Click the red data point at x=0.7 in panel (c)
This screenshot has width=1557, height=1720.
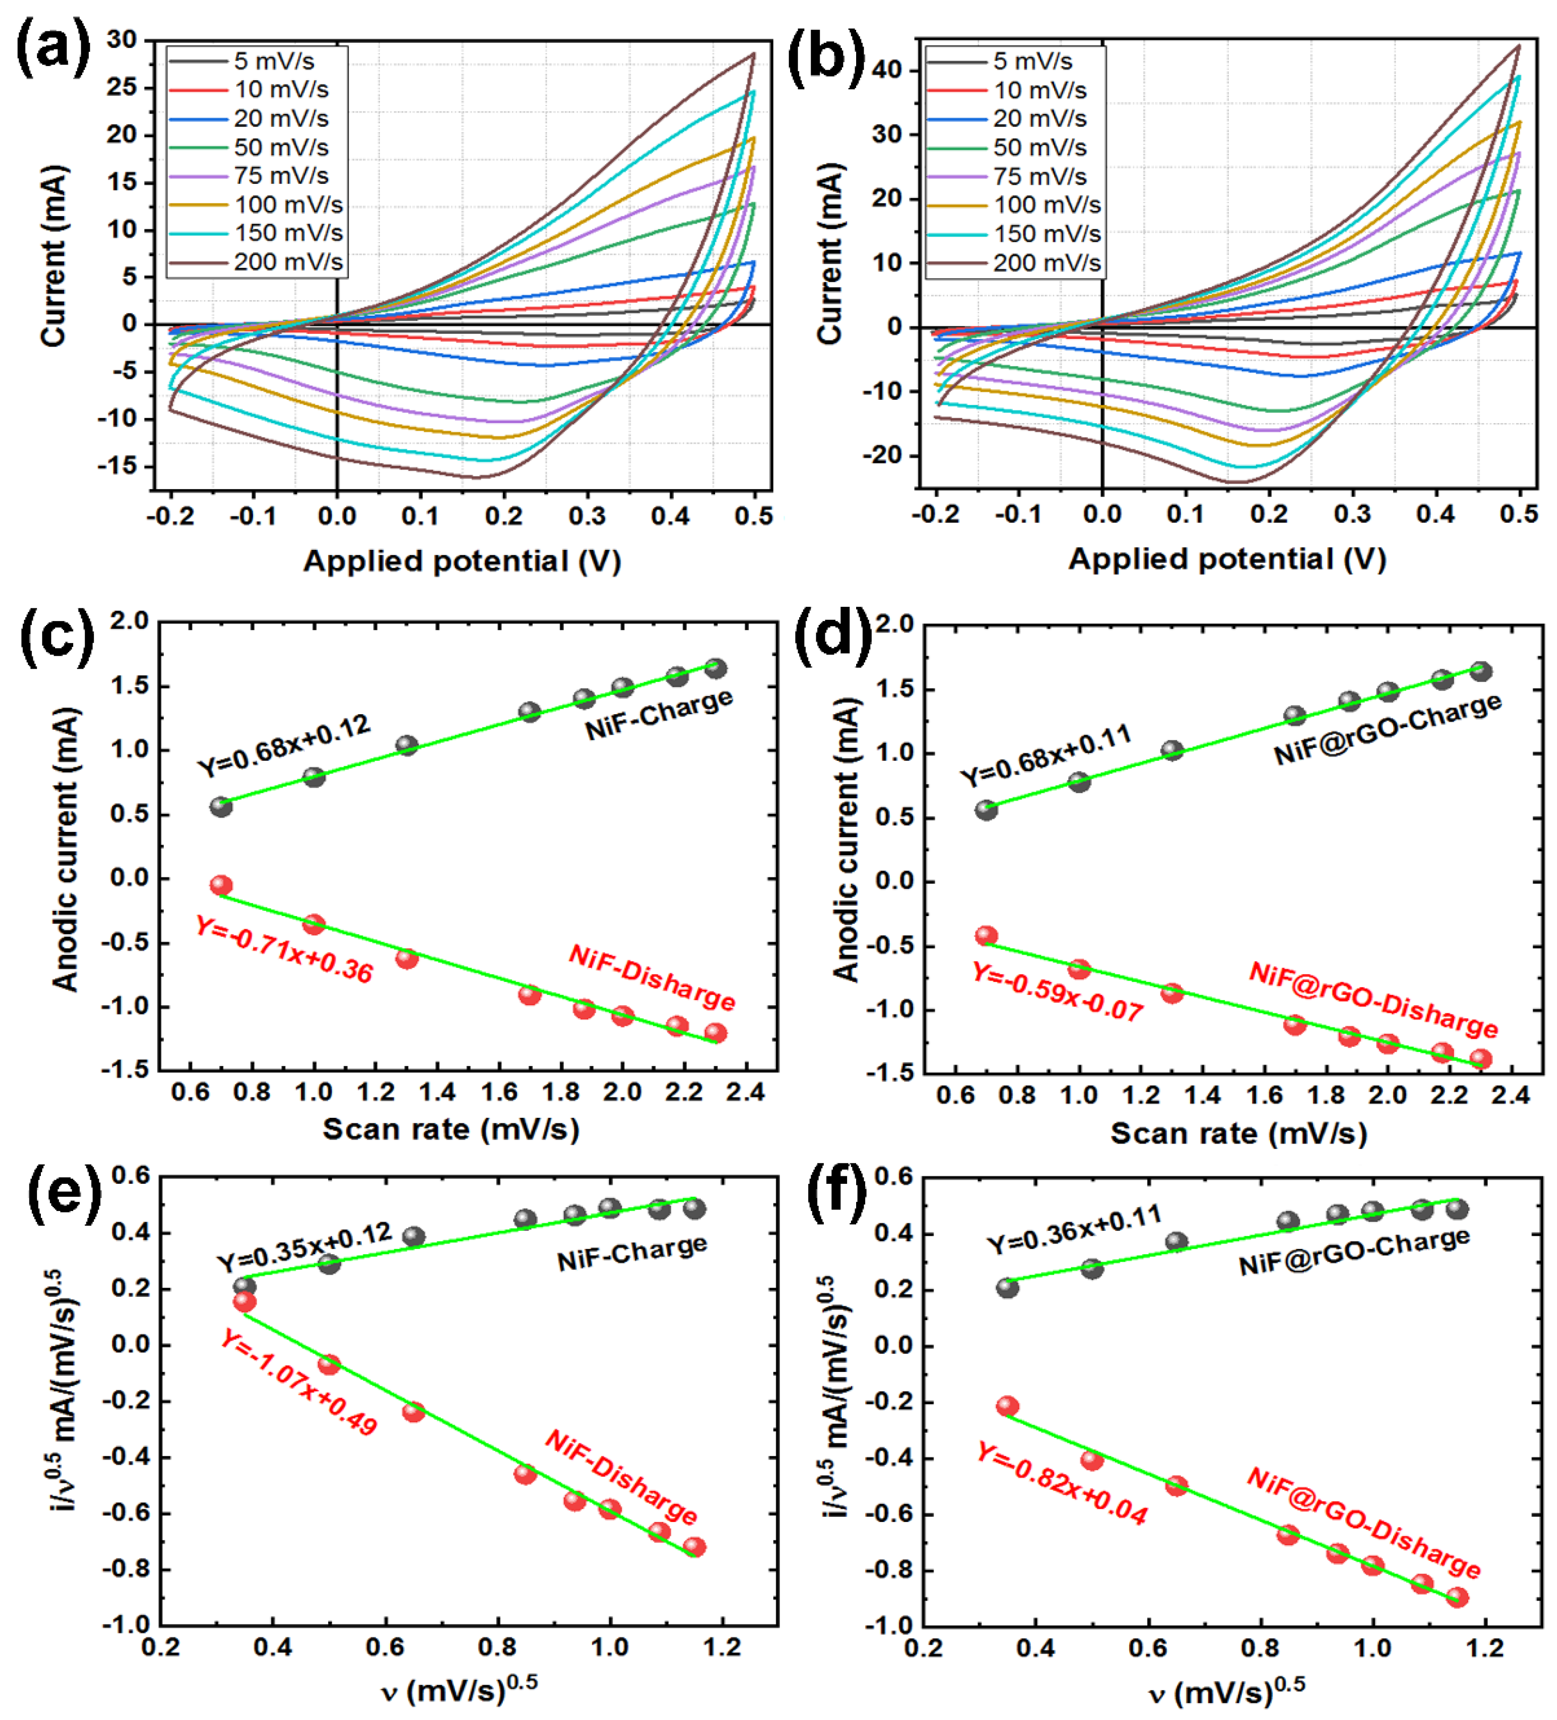[x=221, y=885]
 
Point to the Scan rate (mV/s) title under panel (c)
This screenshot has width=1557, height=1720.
[x=451, y=1129]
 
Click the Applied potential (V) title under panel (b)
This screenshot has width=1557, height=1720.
[x=1227, y=559]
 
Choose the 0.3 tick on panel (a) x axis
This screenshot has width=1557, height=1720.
[x=587, y=516]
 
